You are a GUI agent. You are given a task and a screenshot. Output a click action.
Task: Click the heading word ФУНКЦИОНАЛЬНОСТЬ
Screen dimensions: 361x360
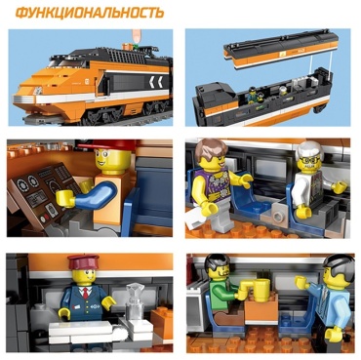click(x=90, y=14)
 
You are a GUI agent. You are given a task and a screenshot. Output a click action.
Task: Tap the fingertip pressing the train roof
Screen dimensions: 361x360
click(x=137, y=36)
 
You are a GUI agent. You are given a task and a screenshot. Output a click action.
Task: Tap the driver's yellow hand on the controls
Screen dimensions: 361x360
click(x=66, y=198)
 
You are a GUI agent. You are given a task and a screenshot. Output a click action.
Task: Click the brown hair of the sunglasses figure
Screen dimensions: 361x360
click(x=210, y=148)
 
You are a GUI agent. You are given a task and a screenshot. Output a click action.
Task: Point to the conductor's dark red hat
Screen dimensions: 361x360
click(x=83, y=261)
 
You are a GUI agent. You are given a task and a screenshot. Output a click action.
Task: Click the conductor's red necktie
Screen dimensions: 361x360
click(x=85, y=293)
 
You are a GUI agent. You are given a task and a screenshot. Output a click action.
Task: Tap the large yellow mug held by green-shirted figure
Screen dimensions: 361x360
click(x=260, y=291)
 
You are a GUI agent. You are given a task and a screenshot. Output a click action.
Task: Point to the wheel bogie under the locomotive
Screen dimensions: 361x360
click(x=104, y=115)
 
